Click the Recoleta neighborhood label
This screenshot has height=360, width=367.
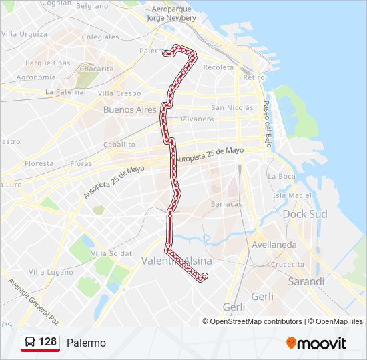(x=218, y=67)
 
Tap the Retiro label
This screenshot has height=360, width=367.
(x=254, y=77)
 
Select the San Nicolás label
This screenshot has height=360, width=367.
(x=232, y=107)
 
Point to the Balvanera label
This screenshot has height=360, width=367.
(x=196, y=119)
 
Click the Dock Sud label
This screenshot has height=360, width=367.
(x=305, y=214)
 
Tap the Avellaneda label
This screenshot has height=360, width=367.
(x=274, y=245)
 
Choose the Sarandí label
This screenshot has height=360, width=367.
(x=306, y=281)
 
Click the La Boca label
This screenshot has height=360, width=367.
(x=281, y=176)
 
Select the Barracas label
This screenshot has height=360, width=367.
(x=226, y=204)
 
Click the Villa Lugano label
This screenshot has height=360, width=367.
(x=50, y=272)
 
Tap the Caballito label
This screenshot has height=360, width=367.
(x=119, y=144)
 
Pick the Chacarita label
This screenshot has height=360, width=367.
(x=97, y=68)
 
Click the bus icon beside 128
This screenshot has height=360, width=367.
(x=30, y=342)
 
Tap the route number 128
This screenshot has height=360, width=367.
(x=48, y=342)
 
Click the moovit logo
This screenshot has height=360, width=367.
(x=316, y=343)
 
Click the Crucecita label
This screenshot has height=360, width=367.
(x=288, y=264)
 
